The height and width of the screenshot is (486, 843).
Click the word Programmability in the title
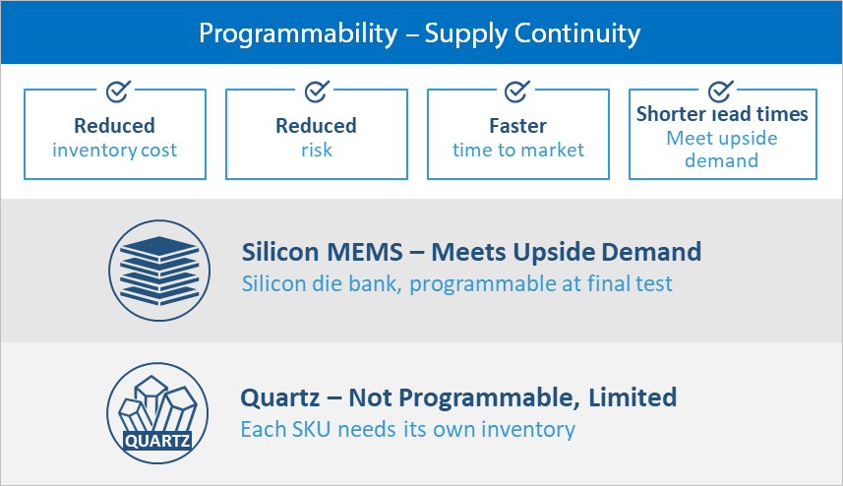(x=298, y=33)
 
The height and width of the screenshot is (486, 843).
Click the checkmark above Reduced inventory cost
(x=118, y=91)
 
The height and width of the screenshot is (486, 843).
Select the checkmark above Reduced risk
(x=317, y=91)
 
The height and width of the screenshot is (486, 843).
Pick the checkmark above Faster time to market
(x=516, y=91)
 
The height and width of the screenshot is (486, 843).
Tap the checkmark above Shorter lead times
(x=720, y=91)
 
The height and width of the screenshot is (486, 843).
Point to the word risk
(x=317, y=150)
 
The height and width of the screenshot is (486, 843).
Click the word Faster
(x=517, y=126)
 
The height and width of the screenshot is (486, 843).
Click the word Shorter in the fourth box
(x=671, y=114)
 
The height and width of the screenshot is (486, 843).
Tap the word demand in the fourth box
(x=721, y=160)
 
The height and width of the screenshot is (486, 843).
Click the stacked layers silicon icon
(x=159, y=271)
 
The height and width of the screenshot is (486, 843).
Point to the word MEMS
(x=365, y=252)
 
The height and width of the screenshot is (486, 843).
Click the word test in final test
(x=654, y=284)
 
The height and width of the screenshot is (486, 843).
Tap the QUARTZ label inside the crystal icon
(x=157, y=442)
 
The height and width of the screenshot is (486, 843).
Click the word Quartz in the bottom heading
(x=280, y=398)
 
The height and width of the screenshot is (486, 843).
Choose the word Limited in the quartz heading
(x=632, y=397)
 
